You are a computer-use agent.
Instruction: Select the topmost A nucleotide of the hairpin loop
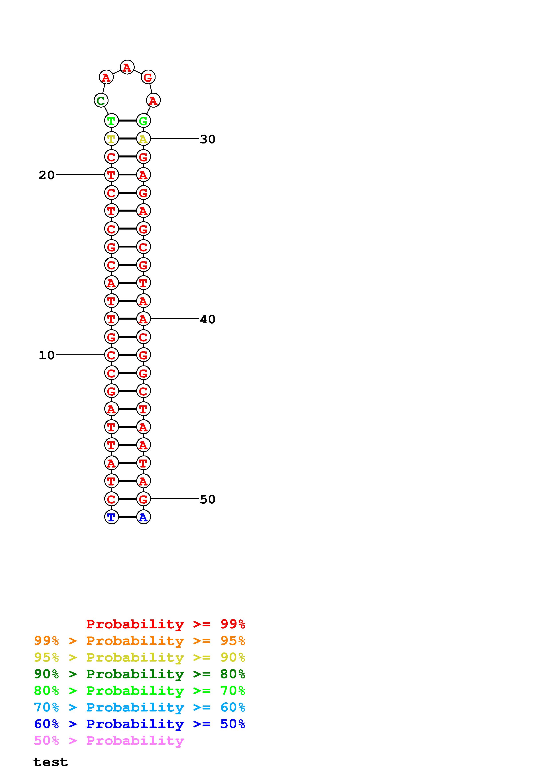click(x=127, y=67)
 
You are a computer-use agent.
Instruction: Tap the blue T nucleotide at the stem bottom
click(x=111, y=517)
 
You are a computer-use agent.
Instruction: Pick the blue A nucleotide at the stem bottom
click(x=143, y=517)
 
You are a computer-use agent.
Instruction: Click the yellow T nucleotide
click(x=111, y=139)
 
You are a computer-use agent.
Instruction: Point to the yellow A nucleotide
click(x=143, y=139)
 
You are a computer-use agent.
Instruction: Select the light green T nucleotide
click(x=111, y=121)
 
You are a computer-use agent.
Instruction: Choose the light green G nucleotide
click(x=143, y=121)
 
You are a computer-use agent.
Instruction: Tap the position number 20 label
click(x=46, y=175)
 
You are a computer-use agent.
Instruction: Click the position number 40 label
click(x=208, y=319)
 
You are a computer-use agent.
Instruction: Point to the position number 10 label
click(x=46, y=355)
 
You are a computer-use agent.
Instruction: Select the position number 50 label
click(x=208, y=499)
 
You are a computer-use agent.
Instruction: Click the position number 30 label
click(x=208, y=139)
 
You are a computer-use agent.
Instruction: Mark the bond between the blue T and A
click(x=127, y=517)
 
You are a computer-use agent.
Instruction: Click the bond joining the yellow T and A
click(x=127, y=139)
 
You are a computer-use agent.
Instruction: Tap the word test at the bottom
click(x=51, y=762)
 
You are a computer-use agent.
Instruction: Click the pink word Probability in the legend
click(x=135, y=741)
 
